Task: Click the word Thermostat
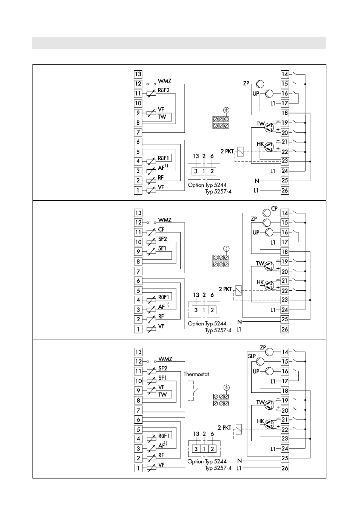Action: (196, 374)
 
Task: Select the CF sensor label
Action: (161, 229)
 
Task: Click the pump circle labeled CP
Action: (267, 213)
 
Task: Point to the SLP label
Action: (252, 356)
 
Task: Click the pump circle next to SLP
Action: (260, 361)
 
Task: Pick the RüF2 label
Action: (164, 90)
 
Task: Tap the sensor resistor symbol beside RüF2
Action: (151, 93)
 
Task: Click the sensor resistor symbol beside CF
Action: (151, 232)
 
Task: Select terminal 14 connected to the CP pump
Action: (285, 213)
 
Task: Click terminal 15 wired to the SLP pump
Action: (285, 361)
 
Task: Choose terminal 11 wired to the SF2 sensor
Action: (138, 371)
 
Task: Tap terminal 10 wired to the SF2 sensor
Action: (138, 242)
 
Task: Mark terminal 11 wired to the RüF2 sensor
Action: (138, 93)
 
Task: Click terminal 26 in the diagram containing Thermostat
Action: (285, 468)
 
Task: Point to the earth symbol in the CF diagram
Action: (226, 249)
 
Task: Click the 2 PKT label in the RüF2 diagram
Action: (227, 151)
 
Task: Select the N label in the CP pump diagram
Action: (239, 322)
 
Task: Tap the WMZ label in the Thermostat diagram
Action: (165, 359)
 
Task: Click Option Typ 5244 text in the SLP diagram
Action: (207, 461)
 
